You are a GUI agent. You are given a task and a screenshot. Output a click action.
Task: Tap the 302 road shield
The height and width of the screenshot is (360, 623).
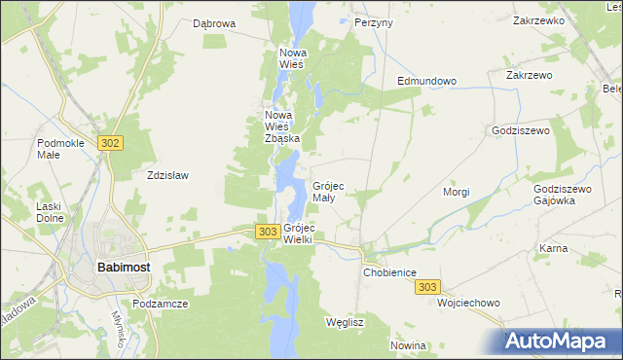[110, 143]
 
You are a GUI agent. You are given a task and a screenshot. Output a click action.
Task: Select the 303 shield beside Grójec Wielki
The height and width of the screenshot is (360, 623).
[269, 231]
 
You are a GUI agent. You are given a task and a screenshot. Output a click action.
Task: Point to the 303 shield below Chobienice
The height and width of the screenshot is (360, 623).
[427, 287]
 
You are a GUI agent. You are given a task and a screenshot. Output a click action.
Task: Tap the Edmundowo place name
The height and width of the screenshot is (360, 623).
[426, 82]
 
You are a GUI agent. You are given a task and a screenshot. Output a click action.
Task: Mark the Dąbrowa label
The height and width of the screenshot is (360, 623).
[214, 23]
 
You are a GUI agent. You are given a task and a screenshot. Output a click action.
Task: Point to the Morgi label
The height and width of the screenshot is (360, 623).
[457, 192]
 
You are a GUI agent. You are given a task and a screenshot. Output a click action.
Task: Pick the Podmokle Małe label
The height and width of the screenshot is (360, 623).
[61, 148]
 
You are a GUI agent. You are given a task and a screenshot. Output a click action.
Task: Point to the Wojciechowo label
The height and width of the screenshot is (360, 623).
[468, 303]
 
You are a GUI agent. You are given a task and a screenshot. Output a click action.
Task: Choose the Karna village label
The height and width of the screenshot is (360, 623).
[553, 248]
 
